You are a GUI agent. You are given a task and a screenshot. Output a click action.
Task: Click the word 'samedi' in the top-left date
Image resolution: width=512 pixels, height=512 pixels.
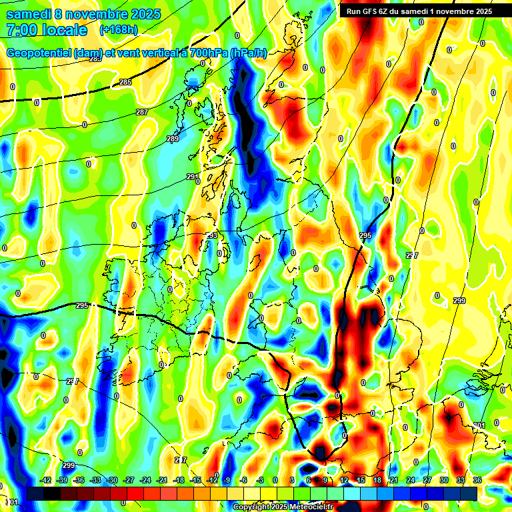point(29,14)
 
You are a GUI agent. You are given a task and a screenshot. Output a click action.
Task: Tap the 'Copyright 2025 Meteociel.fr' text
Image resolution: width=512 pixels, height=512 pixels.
point(283,507)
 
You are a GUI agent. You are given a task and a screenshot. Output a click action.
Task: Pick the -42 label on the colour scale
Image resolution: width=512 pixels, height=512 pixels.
point(46,480)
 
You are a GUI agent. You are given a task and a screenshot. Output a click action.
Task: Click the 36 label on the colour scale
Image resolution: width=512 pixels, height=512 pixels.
point(477,480)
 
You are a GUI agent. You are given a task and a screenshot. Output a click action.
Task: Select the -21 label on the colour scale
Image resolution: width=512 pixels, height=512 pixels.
point(162,480)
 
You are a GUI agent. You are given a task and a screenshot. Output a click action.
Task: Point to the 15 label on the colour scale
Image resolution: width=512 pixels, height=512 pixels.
point(361,480)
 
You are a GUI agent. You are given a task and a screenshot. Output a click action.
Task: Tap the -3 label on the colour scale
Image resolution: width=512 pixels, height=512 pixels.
point(261,480)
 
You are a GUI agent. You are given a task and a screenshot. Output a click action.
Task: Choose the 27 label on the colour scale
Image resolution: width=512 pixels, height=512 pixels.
point(427,480)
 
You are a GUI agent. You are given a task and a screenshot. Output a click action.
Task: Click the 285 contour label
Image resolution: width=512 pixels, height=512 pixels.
point(125,82)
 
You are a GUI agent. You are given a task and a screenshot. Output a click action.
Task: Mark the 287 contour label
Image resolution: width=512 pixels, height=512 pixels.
point(142,112)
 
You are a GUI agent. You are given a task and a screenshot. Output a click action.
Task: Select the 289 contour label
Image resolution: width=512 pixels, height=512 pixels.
point(173,139)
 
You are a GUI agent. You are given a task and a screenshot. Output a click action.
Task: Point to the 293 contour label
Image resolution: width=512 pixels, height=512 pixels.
point(211,236)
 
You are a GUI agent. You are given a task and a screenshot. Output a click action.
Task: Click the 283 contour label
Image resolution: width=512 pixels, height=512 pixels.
point(95,59)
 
